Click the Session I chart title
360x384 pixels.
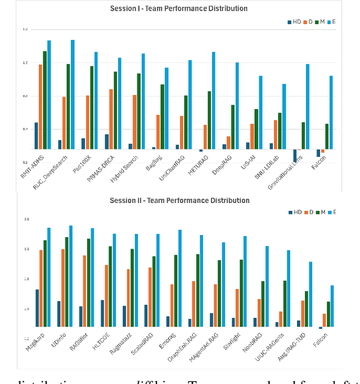click(178, 9)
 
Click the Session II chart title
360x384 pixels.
click(179, 201)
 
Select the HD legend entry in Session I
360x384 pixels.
click(293, 22)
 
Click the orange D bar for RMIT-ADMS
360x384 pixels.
click(40, 107)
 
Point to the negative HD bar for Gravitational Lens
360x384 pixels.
click(295, 156)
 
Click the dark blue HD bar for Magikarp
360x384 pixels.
click(37, 308)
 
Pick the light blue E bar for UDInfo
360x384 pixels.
click(71, 275)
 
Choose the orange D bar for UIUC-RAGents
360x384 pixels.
click(281, 319)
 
